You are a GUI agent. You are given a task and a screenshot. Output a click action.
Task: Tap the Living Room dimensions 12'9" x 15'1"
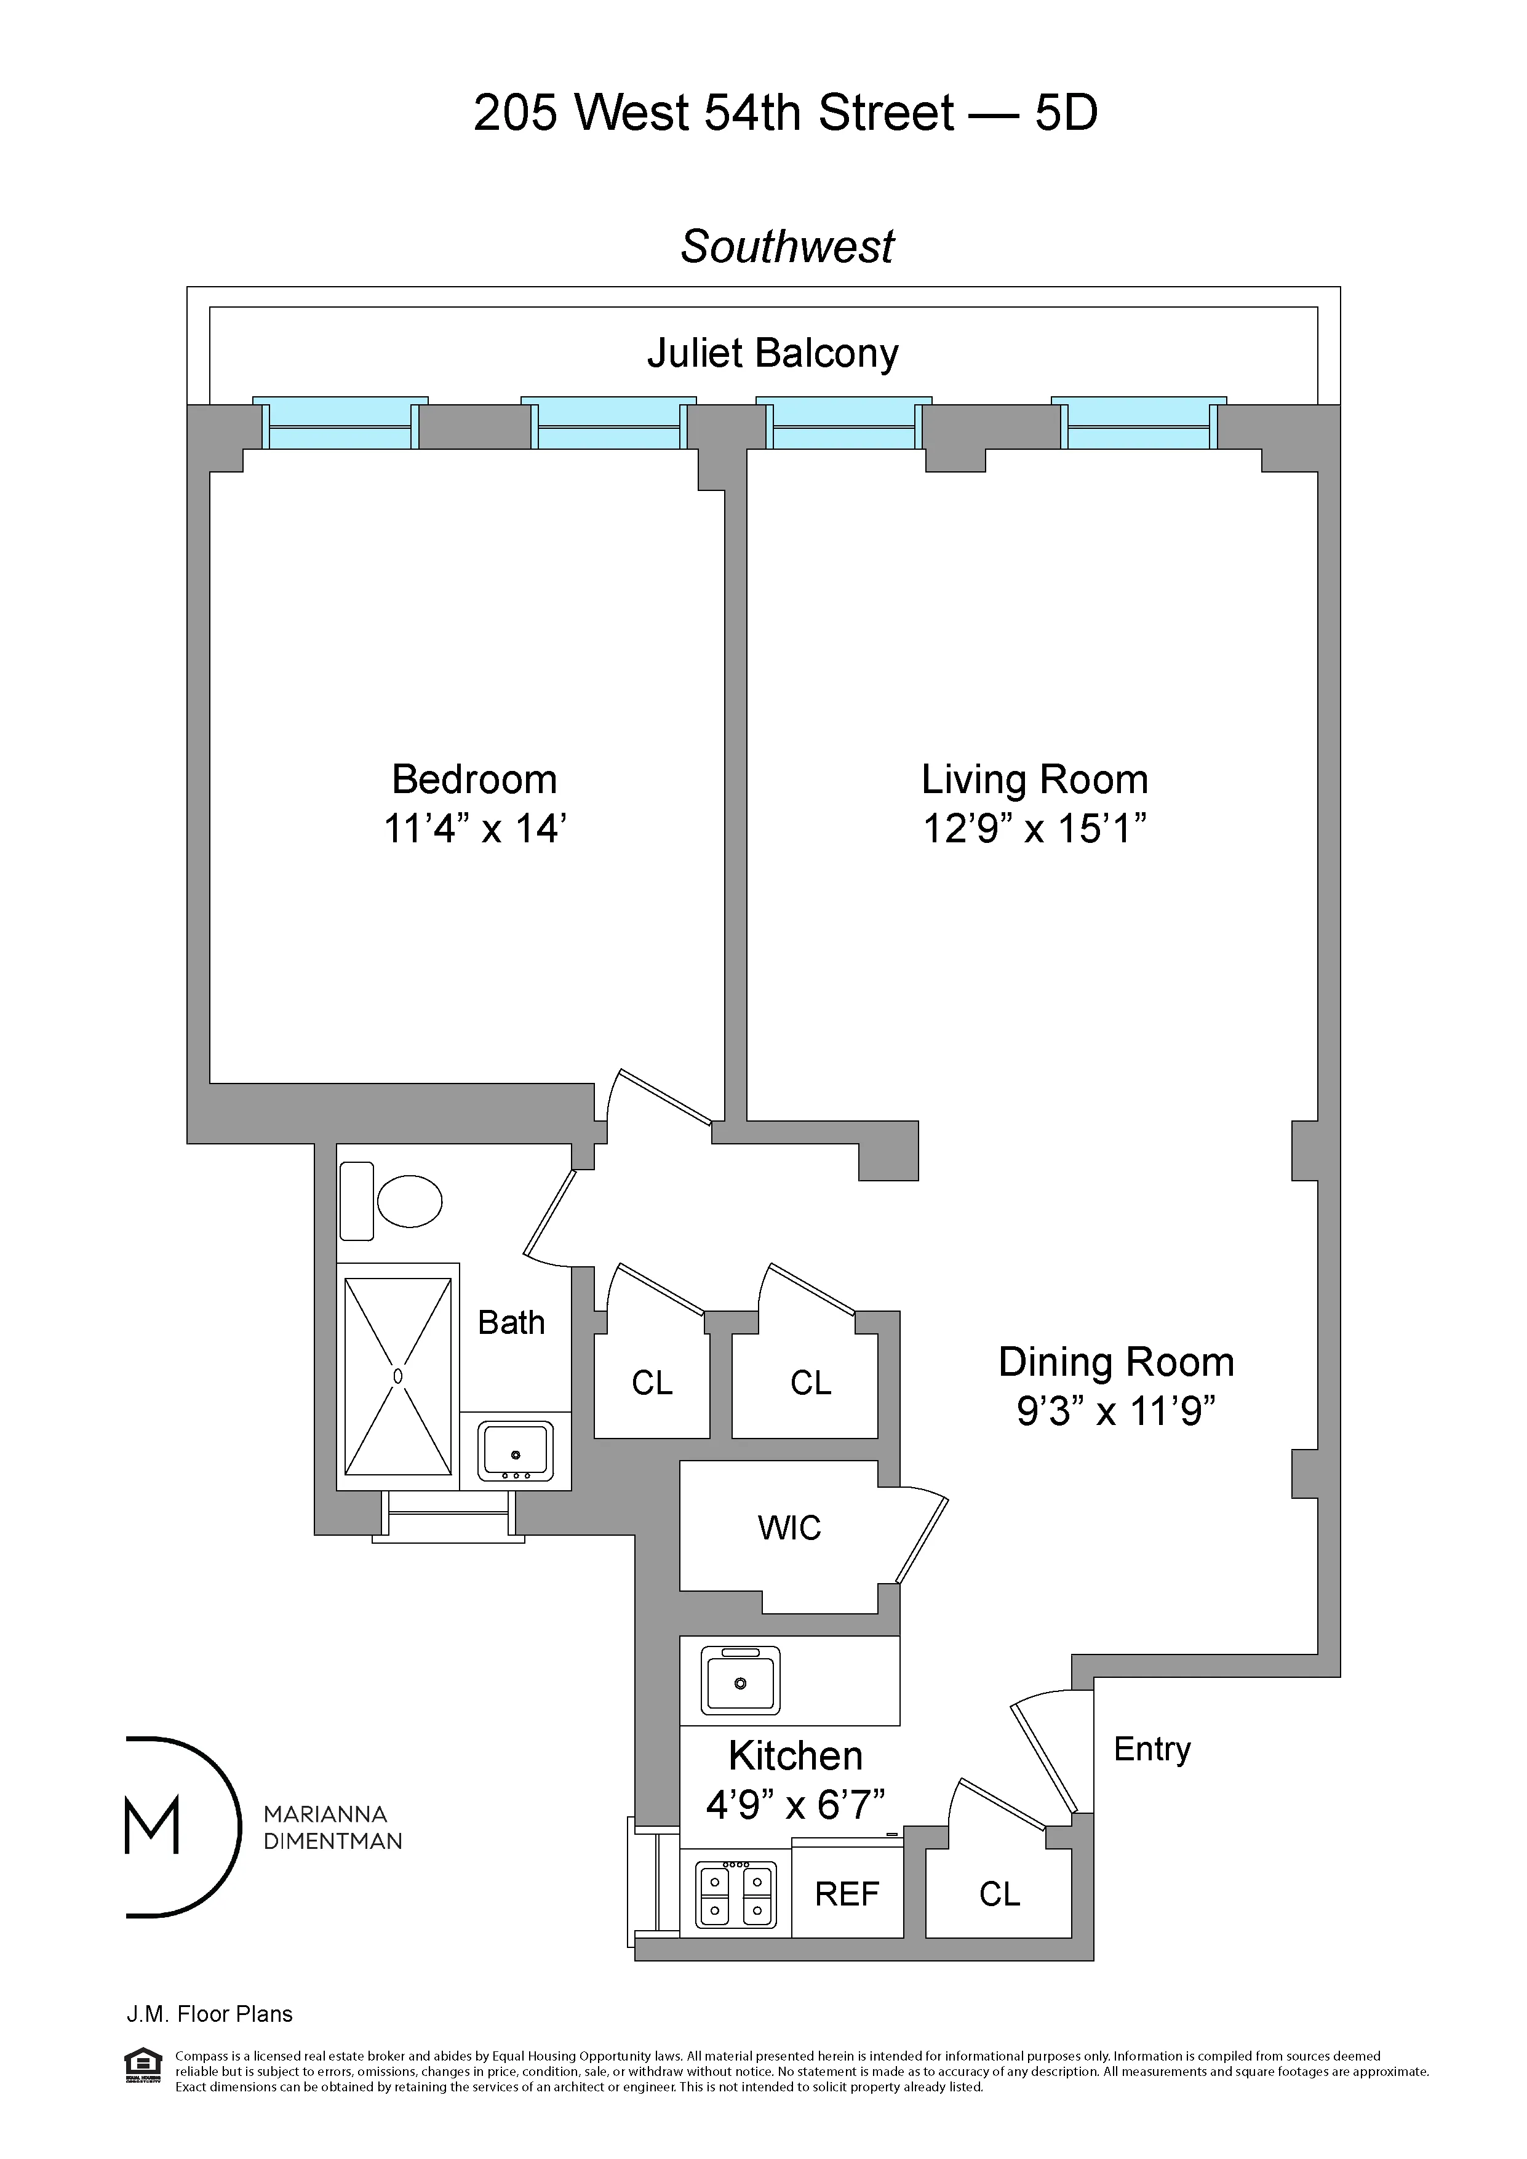click(1034, 829)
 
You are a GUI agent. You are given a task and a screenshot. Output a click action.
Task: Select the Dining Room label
click(1115, 1363)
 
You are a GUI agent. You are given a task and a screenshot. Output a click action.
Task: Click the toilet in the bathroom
click(409, 1201)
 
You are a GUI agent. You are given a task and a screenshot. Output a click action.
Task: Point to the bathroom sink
click(516, 1451)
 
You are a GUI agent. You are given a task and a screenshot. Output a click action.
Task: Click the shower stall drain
click(397, 1376)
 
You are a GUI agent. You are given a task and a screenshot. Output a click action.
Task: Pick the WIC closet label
click(789, 1528)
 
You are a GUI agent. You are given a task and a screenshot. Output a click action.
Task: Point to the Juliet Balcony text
click(772, 354)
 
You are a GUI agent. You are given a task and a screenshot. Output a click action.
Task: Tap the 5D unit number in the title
click(1066, 114)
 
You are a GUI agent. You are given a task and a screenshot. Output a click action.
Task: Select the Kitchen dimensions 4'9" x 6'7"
click(795, 1805)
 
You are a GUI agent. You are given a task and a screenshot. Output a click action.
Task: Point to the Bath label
click(511, 1323)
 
